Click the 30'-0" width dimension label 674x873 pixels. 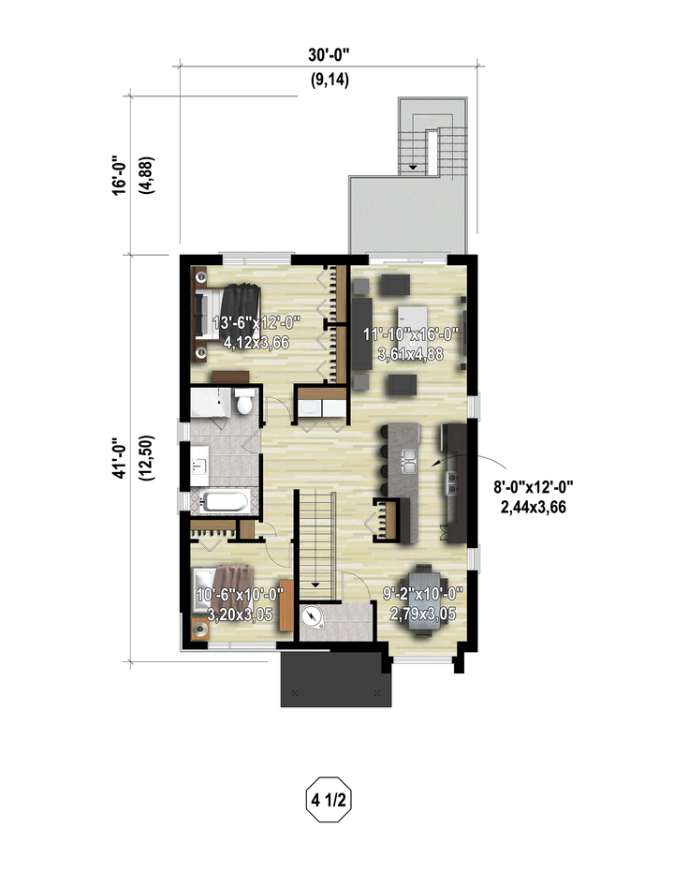point(329,55)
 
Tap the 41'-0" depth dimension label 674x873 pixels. point(119,457)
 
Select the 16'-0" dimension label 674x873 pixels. point(119,175)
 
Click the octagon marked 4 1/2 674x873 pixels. point(329,800)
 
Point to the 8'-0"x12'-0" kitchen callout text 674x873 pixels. point(534,487)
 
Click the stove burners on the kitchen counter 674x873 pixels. point(451,482)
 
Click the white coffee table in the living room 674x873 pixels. point(412,321)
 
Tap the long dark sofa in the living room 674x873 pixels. point(361,333)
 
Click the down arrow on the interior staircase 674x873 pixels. point(315,584)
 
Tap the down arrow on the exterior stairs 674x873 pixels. point(413,167)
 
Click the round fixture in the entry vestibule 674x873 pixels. point(312,617)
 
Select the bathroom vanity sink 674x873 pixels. point(198,465)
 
